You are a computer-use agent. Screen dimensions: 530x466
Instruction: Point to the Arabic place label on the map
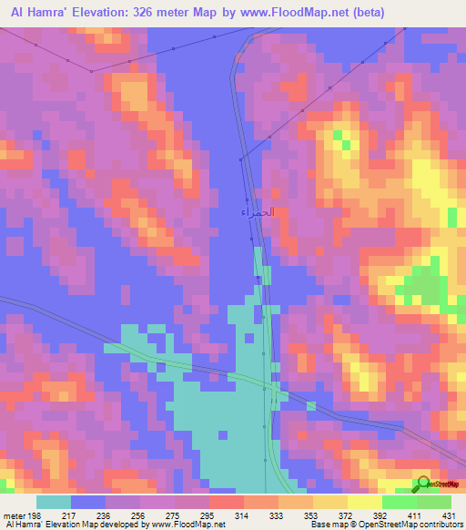point(258,211)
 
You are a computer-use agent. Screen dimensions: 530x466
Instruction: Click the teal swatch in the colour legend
point(54,503)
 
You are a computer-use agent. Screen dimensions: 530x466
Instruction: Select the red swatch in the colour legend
point(227,503)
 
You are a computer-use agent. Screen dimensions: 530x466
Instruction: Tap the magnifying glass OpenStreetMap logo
point(423,484)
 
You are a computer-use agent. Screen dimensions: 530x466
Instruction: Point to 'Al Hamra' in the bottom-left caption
point(24,525)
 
